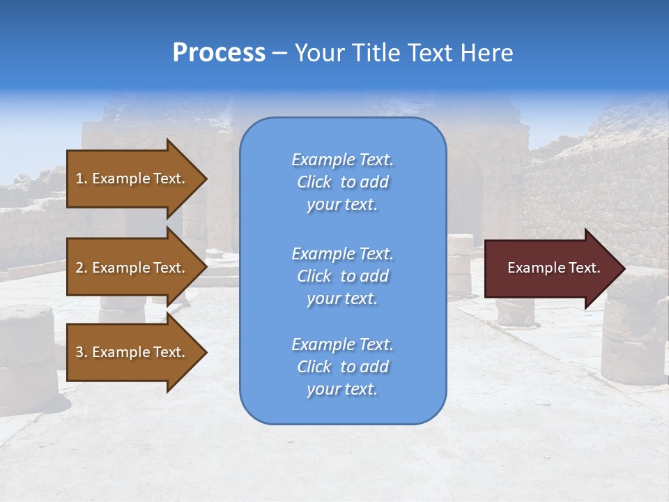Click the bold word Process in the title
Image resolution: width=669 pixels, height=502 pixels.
[x=219, y=53]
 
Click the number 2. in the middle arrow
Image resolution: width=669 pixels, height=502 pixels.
[x=82, y=268]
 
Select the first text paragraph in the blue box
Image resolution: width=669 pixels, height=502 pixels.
[x=342, y=182]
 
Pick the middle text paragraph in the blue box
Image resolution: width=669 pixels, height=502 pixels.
[x=342, y=276]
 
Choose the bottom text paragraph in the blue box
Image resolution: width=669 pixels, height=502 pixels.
[x=342, y=367]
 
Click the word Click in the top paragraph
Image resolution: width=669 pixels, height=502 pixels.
[x=314, y=182]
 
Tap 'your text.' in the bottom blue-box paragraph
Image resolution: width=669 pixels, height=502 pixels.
[x=342, y=389]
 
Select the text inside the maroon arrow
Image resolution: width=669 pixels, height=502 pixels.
[x=554, y=268]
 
